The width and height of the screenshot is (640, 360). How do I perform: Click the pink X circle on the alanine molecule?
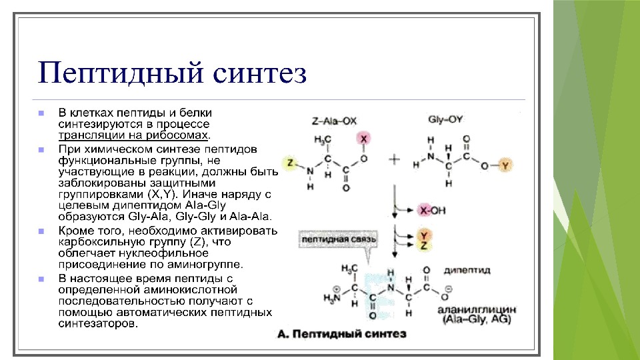[363, 138]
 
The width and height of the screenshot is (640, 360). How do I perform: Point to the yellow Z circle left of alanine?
[289, 163]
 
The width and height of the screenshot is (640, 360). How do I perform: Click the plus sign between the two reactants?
[394, 159]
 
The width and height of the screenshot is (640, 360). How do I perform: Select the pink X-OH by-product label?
[430, 211]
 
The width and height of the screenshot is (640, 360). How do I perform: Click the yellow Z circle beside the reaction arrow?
[423, 245]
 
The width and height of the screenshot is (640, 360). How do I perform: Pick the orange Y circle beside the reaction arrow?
[423, 235]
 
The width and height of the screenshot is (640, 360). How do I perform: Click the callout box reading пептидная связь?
[339, 238]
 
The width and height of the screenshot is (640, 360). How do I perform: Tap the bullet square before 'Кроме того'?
[41, 231]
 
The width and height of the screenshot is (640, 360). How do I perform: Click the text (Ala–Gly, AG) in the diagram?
[473, 321]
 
